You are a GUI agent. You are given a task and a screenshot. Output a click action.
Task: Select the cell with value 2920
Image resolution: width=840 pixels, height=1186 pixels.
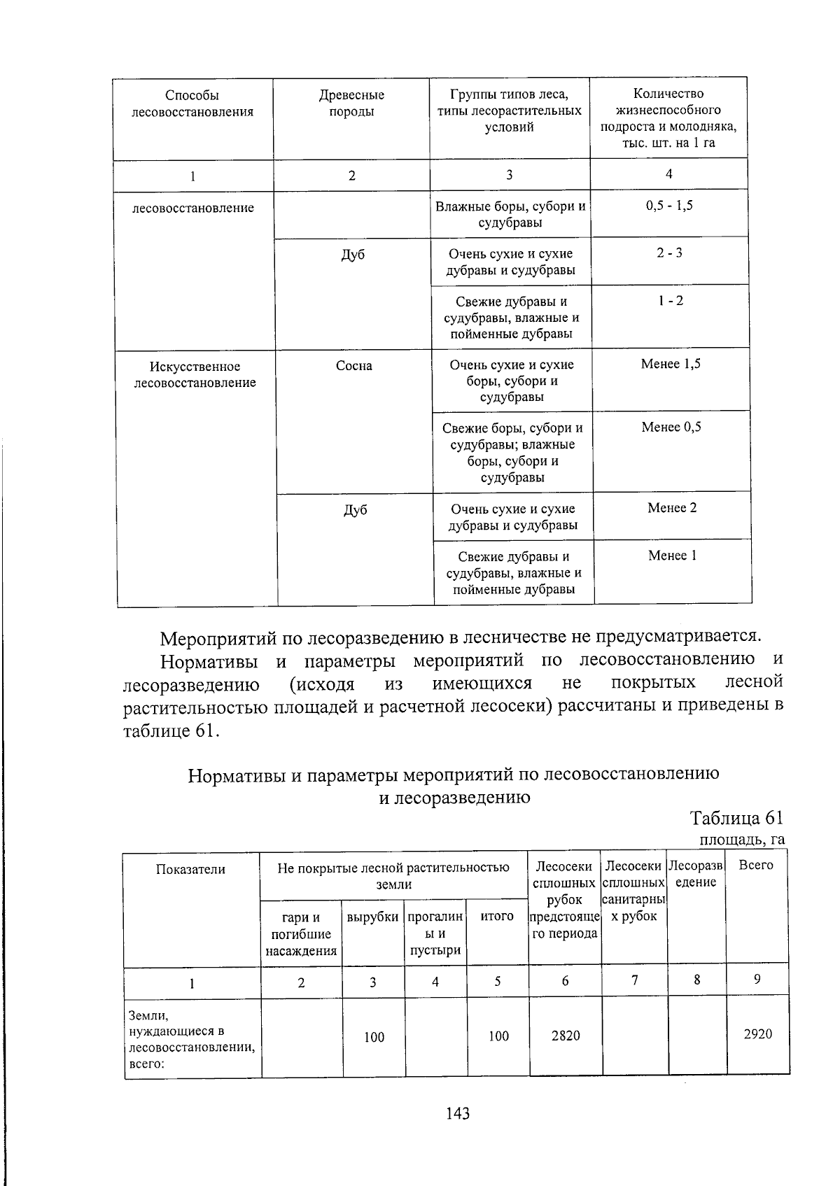click(x=757, y=1034)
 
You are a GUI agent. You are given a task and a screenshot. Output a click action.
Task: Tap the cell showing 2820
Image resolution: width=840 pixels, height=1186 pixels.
click(x=565, y=1036)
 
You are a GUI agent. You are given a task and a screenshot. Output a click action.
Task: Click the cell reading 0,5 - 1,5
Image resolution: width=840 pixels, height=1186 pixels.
click(x=669, y=206)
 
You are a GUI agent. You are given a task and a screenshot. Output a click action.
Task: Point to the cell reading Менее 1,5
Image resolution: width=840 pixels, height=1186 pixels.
click(x=671, y=364)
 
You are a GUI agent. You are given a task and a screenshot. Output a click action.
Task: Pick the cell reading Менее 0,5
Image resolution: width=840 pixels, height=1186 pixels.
click(x=671, y=427)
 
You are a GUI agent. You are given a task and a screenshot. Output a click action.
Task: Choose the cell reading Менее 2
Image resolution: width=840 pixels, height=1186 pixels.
click(x=672, y=508)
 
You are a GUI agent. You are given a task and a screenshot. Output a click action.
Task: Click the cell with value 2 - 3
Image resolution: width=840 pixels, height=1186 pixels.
click(x=669, y=253)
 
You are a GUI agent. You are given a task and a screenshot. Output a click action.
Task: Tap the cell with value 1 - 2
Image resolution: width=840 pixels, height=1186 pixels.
click(x=670, y=301)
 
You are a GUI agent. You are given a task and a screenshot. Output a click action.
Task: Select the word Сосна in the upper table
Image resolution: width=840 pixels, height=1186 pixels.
click(x=353, y=366)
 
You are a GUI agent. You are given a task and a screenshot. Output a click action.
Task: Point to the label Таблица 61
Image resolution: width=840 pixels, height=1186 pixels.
click(x=736, y=818)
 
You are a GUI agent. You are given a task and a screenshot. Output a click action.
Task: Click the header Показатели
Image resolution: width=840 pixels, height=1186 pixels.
click(x=190, y=870)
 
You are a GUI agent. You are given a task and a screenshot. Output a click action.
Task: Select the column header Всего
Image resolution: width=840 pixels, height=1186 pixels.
click(x=756, y=866)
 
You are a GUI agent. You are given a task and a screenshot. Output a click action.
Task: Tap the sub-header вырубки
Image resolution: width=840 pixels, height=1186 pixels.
click(x=372, y=917)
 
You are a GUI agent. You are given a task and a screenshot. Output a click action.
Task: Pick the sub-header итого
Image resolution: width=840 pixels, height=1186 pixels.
click(x=497, y=916)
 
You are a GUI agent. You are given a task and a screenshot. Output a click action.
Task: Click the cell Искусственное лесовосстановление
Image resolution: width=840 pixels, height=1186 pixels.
click(x=195, y=374)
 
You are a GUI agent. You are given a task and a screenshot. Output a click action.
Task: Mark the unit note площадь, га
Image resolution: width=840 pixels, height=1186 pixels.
click(x=741, y=839)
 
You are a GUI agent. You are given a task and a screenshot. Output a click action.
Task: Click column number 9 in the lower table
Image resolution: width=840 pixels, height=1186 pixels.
click(x=757, y=980)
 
